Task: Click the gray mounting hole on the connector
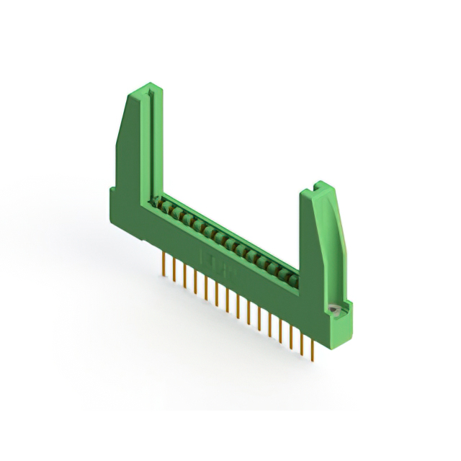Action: point(334,309)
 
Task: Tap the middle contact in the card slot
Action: point(224,240)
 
